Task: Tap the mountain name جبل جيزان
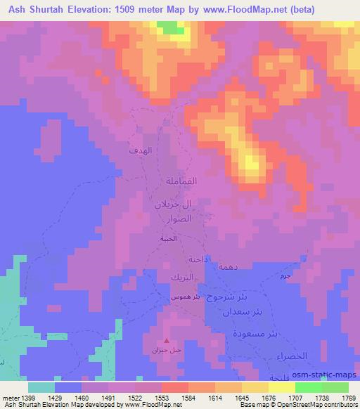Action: [166, 349]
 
